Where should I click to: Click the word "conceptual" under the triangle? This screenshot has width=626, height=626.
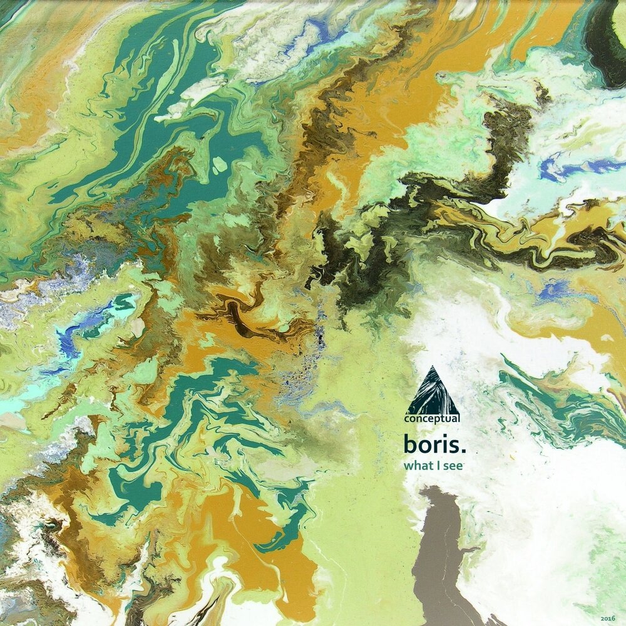[x=432, y=419]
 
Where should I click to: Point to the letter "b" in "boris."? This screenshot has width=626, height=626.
[x=411, y=445]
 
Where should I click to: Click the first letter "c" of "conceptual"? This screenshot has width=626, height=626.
[x=406, y=420]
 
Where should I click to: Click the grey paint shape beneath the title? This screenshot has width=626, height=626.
[x=441, y=551]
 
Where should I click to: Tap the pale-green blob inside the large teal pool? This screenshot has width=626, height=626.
[x=219, y=165]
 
